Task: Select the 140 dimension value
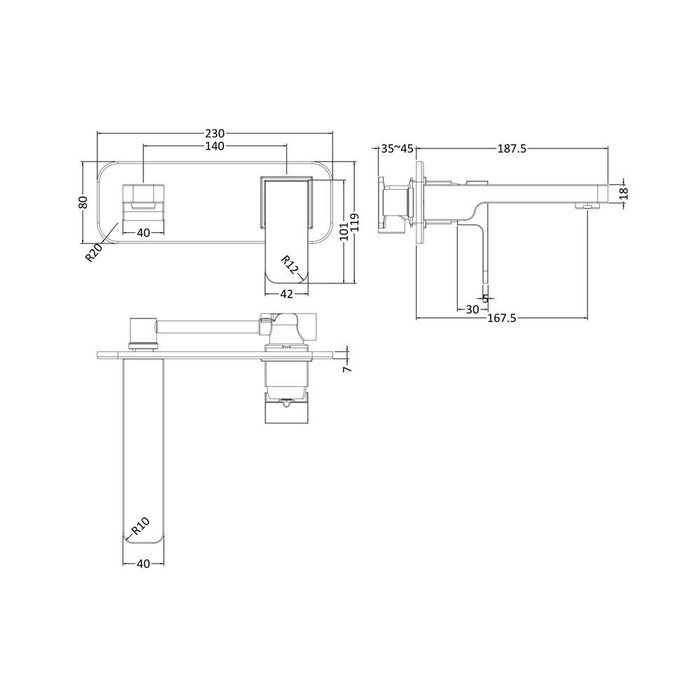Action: pyautogui.click(x=215, y=147)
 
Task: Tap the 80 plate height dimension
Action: pyautogui.click(x=85, y=201)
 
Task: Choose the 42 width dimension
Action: pyautogui.click(x=287, y=293)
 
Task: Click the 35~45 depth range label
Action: pyautogui.click(x=397, y=149)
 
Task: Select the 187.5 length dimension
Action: pyautogui.click(x=511, y=149)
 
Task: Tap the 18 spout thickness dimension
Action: pyautogui.click(x=623, y=193)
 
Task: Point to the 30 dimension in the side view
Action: pyautogui.click(x=471, y=309)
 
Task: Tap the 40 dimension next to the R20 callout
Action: pyautogui.click(x=143, y=233)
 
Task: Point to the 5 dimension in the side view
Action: pyautogui.click(x=486, y=296)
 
